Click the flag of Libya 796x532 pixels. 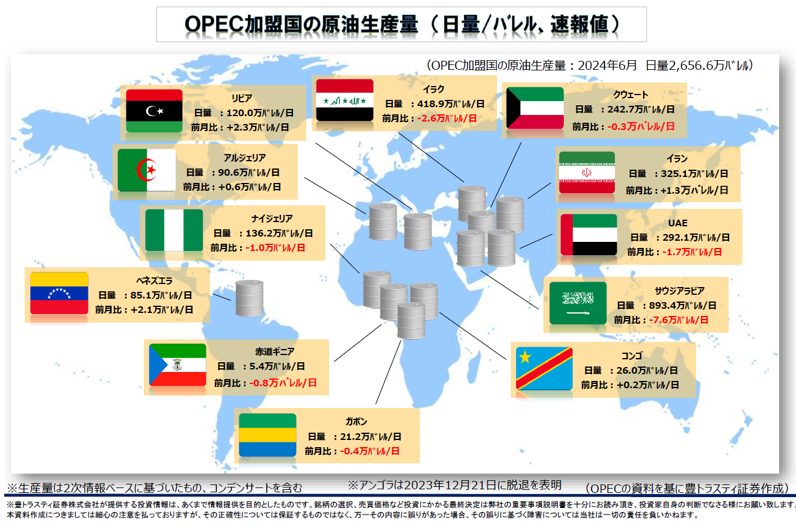(154, 111)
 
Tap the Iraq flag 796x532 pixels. (345, 101)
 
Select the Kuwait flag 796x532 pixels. (535, 108)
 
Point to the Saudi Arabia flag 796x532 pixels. (578, 303)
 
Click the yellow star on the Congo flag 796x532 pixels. (525, 357)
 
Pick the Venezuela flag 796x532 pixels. (59, 293)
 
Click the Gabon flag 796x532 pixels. (268, 435)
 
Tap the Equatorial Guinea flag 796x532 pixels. (177, 365)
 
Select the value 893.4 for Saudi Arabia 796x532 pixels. (662, 305)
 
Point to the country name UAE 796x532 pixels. (677, 223)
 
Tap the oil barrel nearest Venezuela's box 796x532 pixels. (250, 298)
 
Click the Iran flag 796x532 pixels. (587, 173)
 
